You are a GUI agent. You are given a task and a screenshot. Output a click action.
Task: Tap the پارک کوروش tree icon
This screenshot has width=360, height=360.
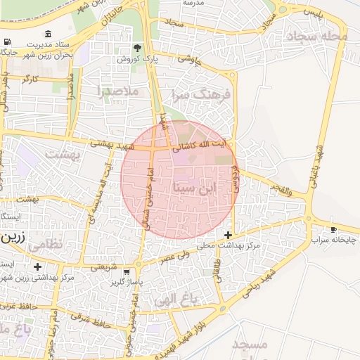[x=138, y=49]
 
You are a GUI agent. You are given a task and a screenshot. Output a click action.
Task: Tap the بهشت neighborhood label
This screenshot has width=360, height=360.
[x=59, y=153]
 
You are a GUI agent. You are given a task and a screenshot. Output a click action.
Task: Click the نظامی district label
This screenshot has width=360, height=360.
[x=48, y=243]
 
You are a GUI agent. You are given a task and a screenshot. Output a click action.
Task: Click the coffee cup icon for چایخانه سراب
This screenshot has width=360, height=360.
[x=334, y=229]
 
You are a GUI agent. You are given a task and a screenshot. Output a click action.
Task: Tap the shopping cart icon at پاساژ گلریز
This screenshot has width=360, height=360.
[x=127, y=272]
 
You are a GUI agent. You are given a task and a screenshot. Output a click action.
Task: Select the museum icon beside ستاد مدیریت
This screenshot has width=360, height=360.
[x=47, y=34]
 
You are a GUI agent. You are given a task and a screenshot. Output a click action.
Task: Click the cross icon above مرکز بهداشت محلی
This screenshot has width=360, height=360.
[x=227, y=234]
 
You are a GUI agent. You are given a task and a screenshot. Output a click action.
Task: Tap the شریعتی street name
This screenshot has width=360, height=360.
[x=103, y=266]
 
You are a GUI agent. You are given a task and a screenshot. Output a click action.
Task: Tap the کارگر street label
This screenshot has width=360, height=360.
[x=30, y=79]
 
